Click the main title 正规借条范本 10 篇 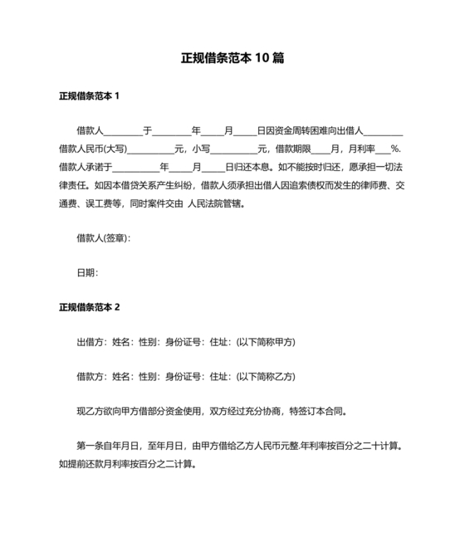pos(232,59)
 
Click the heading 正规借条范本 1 pos(90,95)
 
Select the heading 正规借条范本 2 pos(90,307)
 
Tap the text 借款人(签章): pos(103,238)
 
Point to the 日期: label pos(87,272)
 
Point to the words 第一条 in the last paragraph pos(90,446)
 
